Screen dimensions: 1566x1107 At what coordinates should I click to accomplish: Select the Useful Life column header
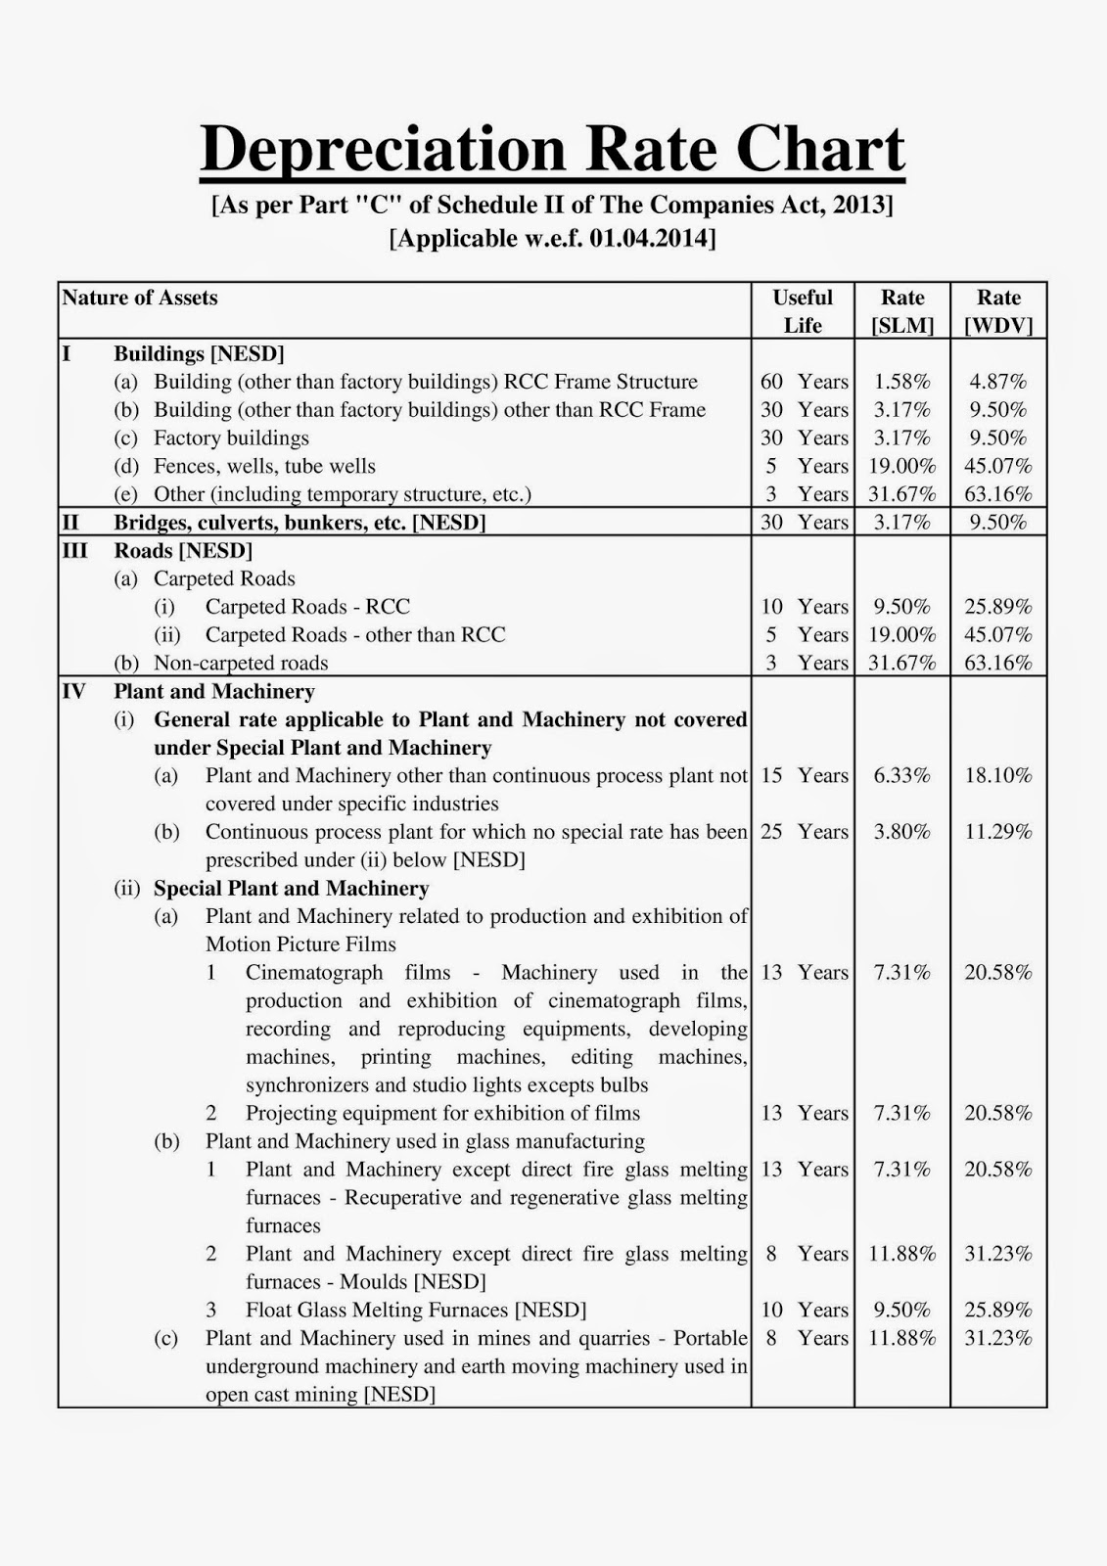pos(803,311)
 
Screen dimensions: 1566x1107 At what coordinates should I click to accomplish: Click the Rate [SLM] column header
pos(902,311)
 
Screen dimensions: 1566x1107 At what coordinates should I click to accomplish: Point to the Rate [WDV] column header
pos(998,311)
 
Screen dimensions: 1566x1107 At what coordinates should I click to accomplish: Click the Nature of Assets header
pos(140,298)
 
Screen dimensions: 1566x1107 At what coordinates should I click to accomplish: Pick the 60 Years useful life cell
pos(804,382)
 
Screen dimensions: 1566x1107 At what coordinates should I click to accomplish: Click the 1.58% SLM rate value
pos(902,382)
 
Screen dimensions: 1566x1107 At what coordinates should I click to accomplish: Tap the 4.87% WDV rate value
pos(998,382)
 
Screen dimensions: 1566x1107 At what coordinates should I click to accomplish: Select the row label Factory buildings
pos(231,438)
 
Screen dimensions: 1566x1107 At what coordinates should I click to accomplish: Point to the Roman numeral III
pos(74,551)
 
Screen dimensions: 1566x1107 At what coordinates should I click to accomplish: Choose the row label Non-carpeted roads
pos(241,664)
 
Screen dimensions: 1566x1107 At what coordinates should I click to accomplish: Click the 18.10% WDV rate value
pos(998,776)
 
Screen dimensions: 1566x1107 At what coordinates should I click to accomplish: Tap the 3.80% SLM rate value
pos(902,832)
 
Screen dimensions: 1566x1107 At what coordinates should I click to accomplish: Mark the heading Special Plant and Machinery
pos(291,889)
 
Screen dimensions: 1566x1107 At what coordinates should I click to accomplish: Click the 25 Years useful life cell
pos(804,832)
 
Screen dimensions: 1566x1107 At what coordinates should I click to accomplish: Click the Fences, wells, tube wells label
pos(264,467)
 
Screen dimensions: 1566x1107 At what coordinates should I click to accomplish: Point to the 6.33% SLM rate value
pos(902,776)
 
